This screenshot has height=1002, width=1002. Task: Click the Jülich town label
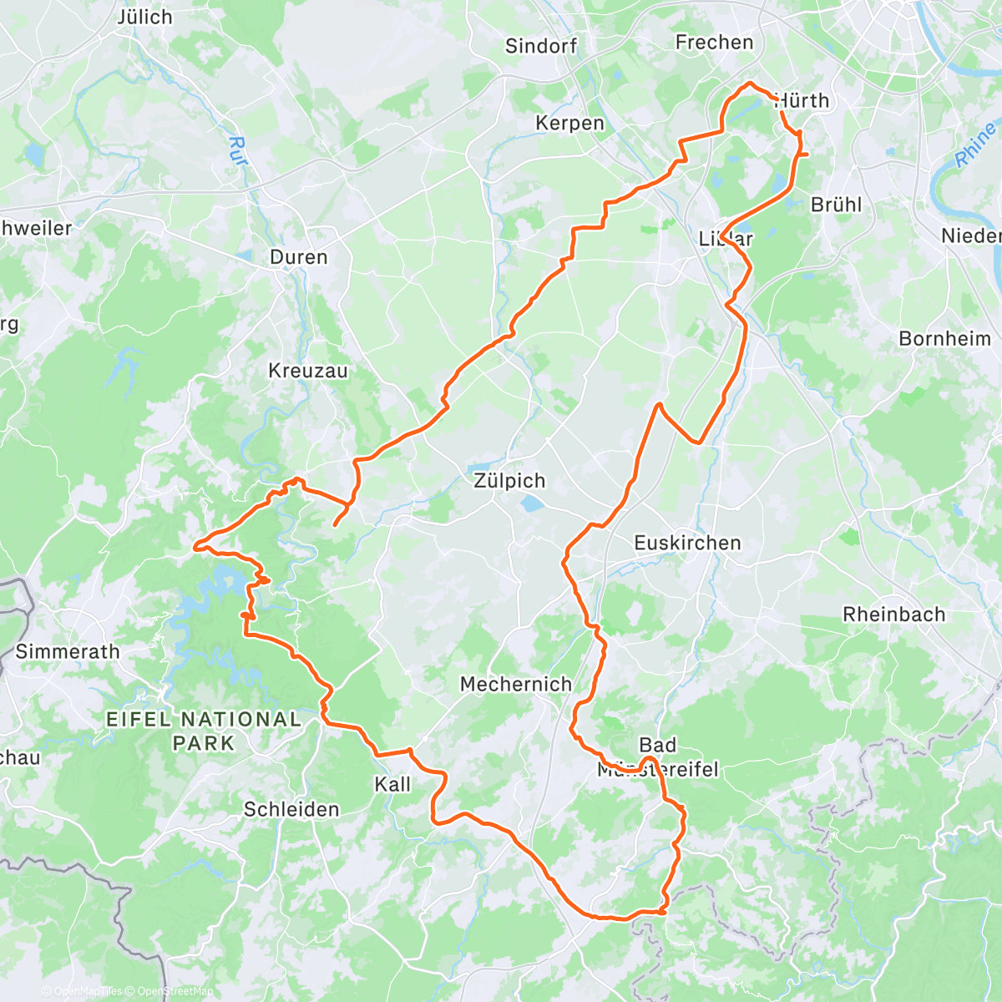point(144,17)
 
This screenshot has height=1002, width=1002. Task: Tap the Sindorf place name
point(540,46)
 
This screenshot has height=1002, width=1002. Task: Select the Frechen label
point(714,42)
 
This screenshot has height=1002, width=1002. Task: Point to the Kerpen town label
point(569,123)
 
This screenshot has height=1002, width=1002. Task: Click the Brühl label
point(836,205)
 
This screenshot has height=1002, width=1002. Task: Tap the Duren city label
point(298,257)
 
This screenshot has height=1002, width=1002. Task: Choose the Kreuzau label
point(307,371)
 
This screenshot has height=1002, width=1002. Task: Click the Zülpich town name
point(509,481)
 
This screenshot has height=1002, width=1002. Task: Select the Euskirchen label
point(687,543)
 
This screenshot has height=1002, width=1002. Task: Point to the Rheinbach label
point(893,615)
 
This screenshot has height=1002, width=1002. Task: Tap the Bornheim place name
point(944,338)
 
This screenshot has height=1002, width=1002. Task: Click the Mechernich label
point(516,684)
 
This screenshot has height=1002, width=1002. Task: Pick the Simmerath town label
point(68,651)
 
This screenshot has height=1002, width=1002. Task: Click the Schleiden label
point(291,809)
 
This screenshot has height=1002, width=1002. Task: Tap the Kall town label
point(392,784)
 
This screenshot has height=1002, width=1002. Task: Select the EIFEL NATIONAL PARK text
point(204,731)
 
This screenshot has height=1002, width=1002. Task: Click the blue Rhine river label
point(974,144)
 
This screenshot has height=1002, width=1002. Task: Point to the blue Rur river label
point(239,151)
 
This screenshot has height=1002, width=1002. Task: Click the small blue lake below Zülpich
point(531,504)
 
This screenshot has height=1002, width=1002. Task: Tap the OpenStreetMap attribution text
point(175,991)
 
